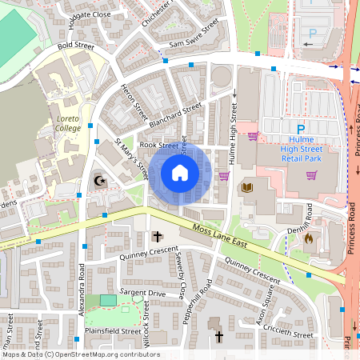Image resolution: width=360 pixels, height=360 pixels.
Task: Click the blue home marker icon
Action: tap(180, 173)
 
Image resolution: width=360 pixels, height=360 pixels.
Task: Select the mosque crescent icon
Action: tap(101, 180)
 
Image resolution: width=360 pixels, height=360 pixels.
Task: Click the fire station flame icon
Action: tap(310, 238)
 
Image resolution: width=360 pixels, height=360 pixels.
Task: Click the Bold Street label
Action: tap(75, 46)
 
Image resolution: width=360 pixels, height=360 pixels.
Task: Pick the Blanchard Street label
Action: tap(175, 114)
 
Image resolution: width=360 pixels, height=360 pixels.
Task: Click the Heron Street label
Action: tap(130, 97)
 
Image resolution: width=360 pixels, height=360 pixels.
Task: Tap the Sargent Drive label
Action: tap(142, 294)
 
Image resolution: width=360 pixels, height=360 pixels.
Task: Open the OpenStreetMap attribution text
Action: tap(80, 354)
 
